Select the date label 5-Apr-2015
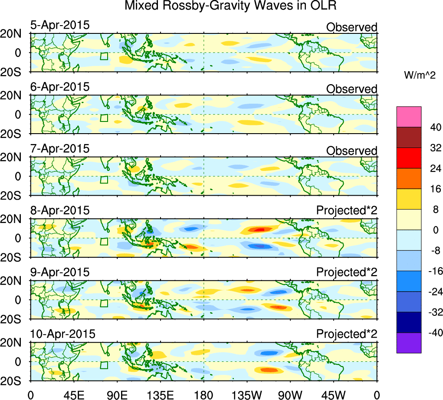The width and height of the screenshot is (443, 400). [x=60, y=25]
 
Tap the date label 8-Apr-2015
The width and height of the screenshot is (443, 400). [x=60, y=210]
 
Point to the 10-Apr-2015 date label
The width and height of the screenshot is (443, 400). [x=62, y=334]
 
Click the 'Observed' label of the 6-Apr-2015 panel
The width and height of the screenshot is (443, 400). [x=351, y=89]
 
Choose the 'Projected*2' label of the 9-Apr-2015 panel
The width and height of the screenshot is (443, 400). [x=347, y=272]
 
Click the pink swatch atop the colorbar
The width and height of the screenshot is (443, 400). [x=409, y=116]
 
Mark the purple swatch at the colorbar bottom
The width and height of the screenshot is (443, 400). [x=409, y=343]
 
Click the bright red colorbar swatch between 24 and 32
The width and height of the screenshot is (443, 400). [x=409, y=158]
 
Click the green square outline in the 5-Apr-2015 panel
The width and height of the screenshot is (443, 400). [x=104, y=56]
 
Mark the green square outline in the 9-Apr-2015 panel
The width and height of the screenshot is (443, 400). [x=104, y=303]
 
